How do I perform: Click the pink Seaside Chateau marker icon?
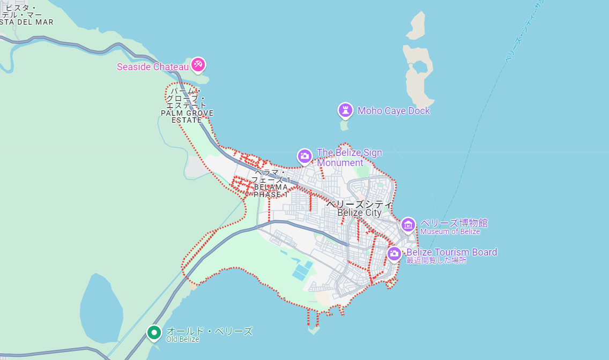pos(198,65)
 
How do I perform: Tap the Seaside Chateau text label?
pos(153,67)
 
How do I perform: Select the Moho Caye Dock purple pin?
pos(346,110)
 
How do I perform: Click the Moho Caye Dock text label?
pos(393,111)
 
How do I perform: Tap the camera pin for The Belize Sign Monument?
pos(304,156)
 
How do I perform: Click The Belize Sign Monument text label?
pos(349,157)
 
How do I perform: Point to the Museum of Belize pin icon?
pos(408,225)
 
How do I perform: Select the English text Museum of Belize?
pos(450,232)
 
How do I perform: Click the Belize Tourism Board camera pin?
pos(394,253)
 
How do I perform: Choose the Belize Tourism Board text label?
pos(451,252)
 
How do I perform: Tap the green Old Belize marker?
pos(154,333)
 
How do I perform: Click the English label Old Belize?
pos(183,339)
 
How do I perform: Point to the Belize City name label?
pos(359,213)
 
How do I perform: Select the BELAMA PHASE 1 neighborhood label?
pos(271,191)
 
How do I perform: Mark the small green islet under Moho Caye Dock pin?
pos(344,126)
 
